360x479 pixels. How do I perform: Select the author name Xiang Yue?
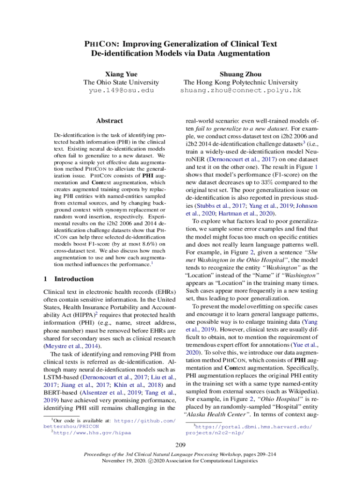click(121, 74)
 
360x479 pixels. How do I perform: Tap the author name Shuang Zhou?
click(240, 74)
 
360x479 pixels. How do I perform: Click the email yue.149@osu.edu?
click(121, 90)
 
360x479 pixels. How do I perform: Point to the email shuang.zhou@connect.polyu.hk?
click(240, 90)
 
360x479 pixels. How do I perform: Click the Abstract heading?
click(109, 121)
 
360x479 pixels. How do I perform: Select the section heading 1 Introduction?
click(68, 279)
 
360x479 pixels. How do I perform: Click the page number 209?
click(180, 444)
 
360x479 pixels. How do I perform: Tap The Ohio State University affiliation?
click(121, 82)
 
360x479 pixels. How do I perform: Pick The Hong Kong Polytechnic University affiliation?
click(240, 82)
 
